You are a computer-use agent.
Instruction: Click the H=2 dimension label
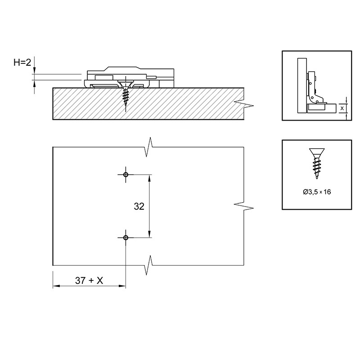[x=22, y=62]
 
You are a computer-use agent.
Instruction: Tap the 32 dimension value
[x=139, y=207]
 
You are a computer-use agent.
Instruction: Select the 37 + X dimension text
[x=89, y=280]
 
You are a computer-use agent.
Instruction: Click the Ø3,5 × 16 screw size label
[x=317, y=192]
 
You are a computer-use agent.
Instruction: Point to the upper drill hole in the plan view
[x=126, y=175]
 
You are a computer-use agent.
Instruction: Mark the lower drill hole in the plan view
[x=126, y=238]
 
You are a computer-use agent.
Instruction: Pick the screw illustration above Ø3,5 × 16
[x=317, y=163]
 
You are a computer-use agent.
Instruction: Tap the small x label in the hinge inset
[x=342, y=108]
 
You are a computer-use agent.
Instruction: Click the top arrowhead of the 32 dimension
[x=149, y=178]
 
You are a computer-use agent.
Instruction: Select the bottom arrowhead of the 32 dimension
[x=149, y=234]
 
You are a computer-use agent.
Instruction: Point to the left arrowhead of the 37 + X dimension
[x=57, y=286]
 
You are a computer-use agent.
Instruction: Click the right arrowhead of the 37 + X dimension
[x=122, y=286]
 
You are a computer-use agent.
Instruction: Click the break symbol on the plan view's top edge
[x=149, y=147]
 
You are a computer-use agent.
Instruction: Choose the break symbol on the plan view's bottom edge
[x=149, y=265]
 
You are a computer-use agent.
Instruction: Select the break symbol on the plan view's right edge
[x=244, y=206]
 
